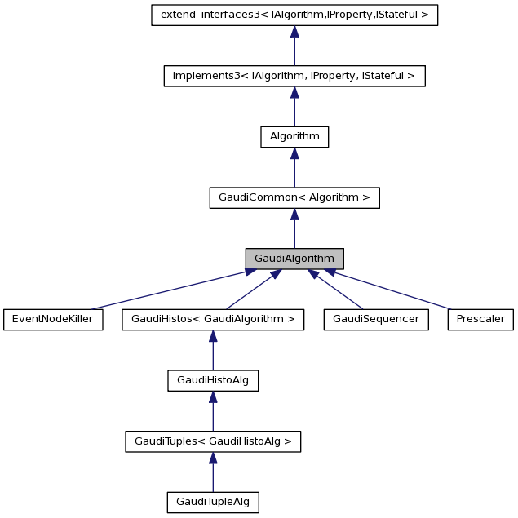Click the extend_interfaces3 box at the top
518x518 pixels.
click(x=294, y=15)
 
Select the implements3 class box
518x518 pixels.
click(x=294, y=76)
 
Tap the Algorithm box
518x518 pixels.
click(x=294, y=137)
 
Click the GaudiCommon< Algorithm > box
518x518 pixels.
click(x=294, y=197)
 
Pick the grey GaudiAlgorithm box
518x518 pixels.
click(x=294, y=259)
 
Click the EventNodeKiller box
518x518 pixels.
click(x=53, y=320)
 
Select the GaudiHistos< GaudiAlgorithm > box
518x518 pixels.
click(x=213, y=320)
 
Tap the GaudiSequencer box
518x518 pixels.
click(x=376, y=320)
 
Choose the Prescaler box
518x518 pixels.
click(x=480, y=320)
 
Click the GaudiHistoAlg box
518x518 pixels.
click(x=213, y=380)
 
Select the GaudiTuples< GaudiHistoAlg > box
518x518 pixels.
click(x=213, y=441)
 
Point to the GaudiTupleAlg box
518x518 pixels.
click(x=213, y=503)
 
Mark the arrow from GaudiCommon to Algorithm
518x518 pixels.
click(x=294, y=168)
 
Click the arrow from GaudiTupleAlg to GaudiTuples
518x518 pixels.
click(x=213, y=472)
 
